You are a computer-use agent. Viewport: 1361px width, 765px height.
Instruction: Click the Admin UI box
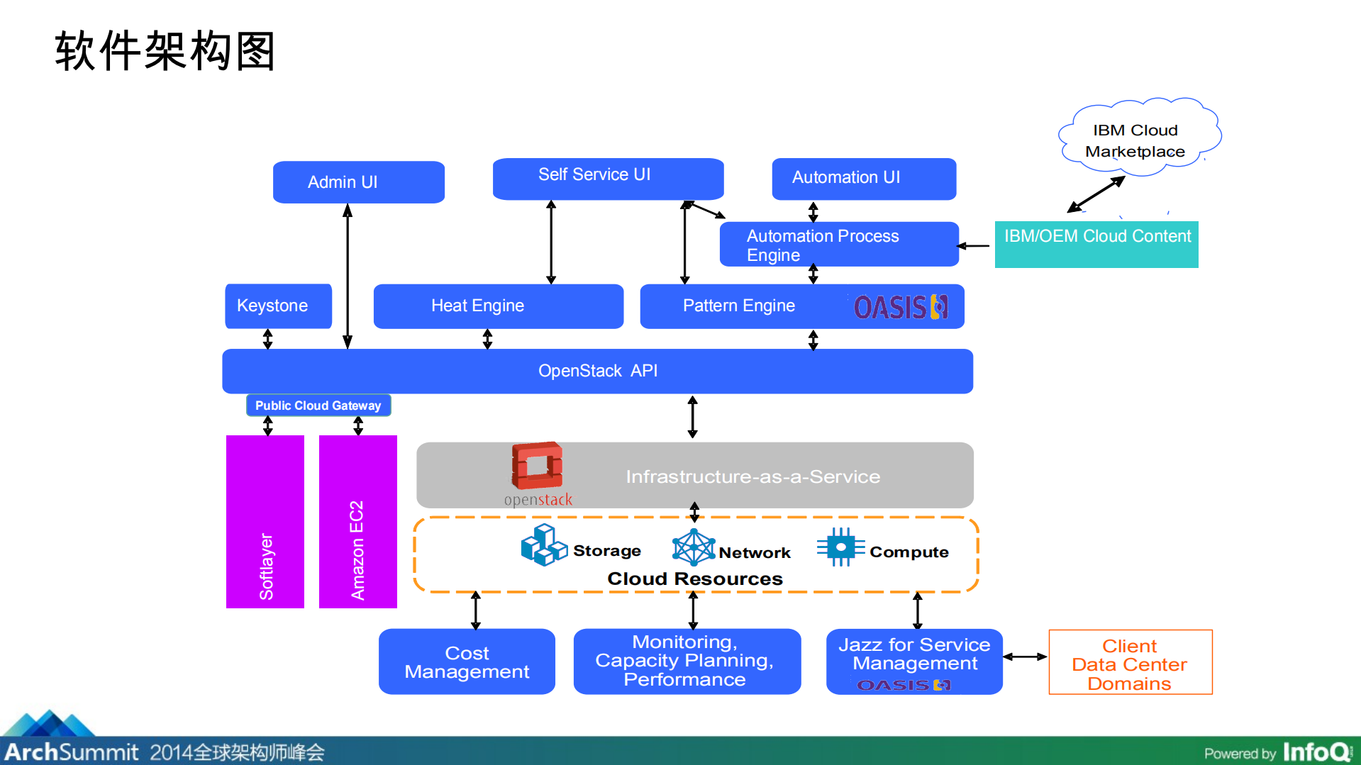pyautogui.click(x=358, y=182)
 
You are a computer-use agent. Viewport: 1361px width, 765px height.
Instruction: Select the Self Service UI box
pyautogui.click(x=608, y=178)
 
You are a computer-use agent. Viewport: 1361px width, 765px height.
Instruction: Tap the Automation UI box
pyautogui.click(x=863, y=179)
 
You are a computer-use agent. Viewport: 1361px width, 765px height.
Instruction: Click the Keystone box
pyautogui.click(x=278, y=306)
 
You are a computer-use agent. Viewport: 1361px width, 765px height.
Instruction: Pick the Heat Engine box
pyautogui.click(x=498, y=306)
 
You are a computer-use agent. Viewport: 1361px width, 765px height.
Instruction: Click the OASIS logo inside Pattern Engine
pyautogui.click(x=900, y=307)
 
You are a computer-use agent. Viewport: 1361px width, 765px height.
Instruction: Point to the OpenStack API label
pyautogui.click(x=597, y=371)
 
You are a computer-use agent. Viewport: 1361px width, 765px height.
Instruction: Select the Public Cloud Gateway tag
pyautogui.click(x=318, y=406)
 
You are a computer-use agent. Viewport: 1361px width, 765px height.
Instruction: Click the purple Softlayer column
pyautogui.click(x=265, y=521)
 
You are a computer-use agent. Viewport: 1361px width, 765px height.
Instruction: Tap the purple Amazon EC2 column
pyautogui.click(x=357, y=521)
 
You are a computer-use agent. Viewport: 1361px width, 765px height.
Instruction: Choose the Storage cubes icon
pyautogui.click(x=543, y=545)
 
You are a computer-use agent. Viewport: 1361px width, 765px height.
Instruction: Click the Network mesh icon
pyautogui.click(x=693, y=547)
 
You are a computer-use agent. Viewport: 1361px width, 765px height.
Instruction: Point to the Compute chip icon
pyautogui.click(x=840, y=547)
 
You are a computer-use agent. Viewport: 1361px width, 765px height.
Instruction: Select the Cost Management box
pyautogui.click(x=467, y=661)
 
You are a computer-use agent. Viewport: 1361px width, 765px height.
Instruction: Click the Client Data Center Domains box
pyautogui.click(x=1130, y=662)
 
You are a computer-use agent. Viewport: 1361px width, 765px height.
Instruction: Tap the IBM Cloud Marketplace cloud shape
pyautogui.click(x=1137, y=138)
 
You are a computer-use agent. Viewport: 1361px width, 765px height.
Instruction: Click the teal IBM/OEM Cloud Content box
pyautogui.click(x=1096, y=245)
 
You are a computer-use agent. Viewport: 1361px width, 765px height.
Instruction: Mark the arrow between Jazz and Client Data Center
pyautogui.click(x=1025, y=657)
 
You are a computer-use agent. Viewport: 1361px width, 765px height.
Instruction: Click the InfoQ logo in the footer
pyautogui.click(x=1317, y=752)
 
